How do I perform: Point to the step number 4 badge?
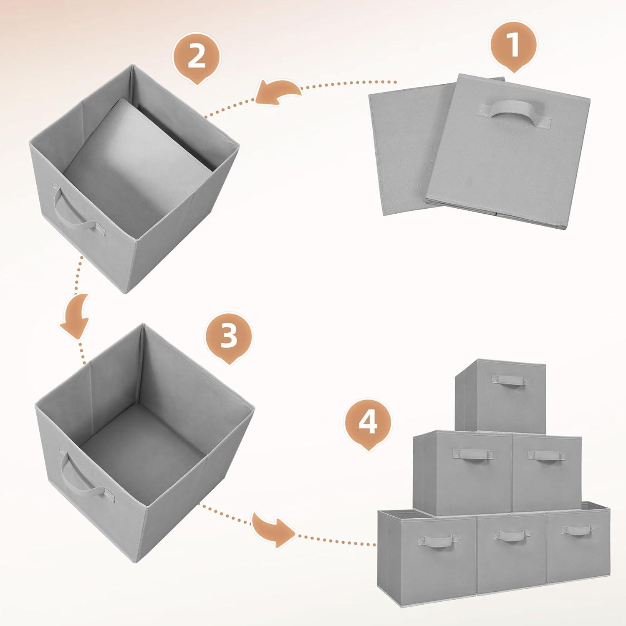(368, 422)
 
